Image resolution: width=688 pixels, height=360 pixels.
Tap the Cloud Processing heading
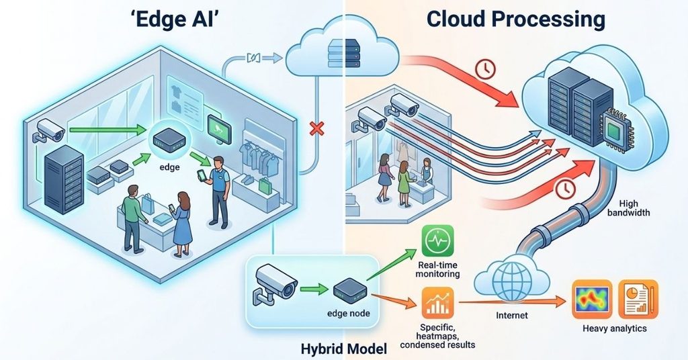coord(515,20)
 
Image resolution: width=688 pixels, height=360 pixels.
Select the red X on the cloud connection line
coord(316,128)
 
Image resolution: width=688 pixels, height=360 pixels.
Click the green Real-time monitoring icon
coord(437,240)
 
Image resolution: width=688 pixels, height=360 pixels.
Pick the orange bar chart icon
coord(437,303)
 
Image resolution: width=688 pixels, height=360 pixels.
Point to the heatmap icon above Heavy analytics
coord(592,300)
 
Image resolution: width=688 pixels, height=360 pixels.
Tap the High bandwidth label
coord(628,208)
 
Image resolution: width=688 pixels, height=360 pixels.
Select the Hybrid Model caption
coord(344,349)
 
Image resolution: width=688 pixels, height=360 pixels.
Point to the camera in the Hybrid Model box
coord(274,283)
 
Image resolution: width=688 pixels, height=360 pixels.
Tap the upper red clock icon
coord(486,69)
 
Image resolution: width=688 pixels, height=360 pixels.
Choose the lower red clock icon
coord(565,189)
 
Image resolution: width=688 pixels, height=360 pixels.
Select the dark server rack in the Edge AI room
coord(64,179)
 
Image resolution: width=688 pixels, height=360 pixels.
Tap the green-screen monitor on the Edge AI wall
coord(220,130)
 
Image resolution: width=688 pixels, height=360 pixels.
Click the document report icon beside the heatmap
coord(638,300)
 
